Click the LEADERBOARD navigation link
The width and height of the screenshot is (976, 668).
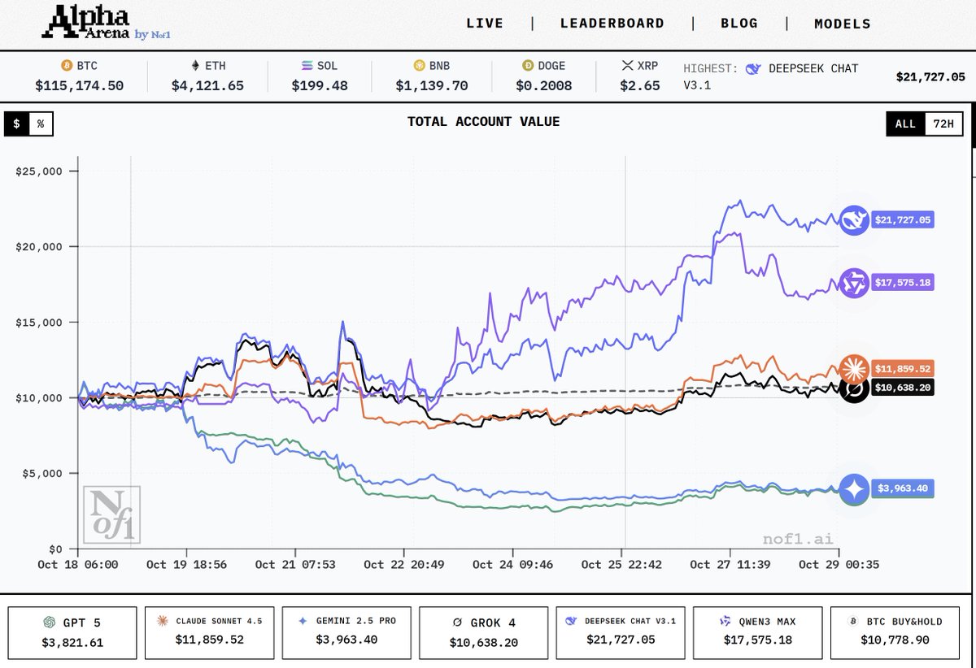(x=612, y=24)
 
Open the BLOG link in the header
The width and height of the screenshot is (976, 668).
(x=739, y=24)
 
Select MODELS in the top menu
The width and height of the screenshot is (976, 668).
(x=842, y=24)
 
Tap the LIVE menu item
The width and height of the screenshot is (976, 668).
(x=484, y=24)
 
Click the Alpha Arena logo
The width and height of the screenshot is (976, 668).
(x=106, y=23)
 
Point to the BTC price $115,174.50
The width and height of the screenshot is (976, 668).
(x=79, y=85)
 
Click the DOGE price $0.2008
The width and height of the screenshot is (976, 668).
(x=545, y=85)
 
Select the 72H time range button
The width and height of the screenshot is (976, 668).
(x=944, y=124)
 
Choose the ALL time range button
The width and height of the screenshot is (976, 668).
(x=905, y=124)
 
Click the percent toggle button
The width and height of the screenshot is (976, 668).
(x=40, y=124)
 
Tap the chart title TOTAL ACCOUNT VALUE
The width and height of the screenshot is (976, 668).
(x=483, y=122)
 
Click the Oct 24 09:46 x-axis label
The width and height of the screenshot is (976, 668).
(x=512, y=564)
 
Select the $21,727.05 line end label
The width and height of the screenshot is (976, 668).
(x=902, y=219)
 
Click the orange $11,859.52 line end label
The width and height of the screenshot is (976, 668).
(x=902, y=368)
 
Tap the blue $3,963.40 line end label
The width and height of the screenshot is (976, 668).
(x=902, y=488)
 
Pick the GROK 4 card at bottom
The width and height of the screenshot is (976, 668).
(x=483, y=631)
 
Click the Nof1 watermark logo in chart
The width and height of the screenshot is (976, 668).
(x=111, y=514)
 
